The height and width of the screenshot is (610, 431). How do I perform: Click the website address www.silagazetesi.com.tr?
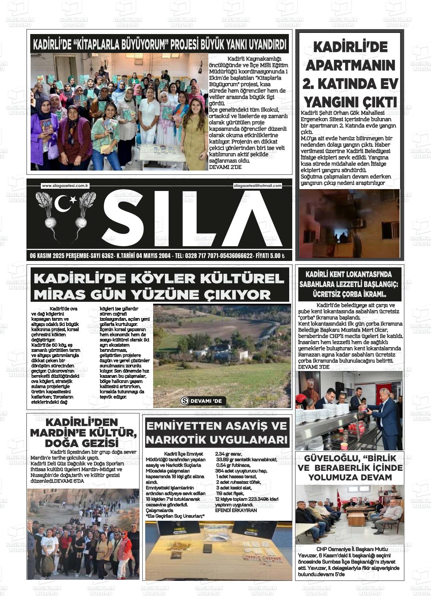(x=65, y=186)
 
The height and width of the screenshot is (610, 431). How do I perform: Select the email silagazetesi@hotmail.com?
(x=258, y=186)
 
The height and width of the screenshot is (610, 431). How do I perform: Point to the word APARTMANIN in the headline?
(x=350, y=65)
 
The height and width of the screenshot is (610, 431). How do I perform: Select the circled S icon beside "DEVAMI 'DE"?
(x=185, y=401)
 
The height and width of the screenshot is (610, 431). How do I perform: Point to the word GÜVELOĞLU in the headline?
(x=328, y=458)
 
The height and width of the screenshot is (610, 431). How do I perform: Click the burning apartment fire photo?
(x=349, y=223)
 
